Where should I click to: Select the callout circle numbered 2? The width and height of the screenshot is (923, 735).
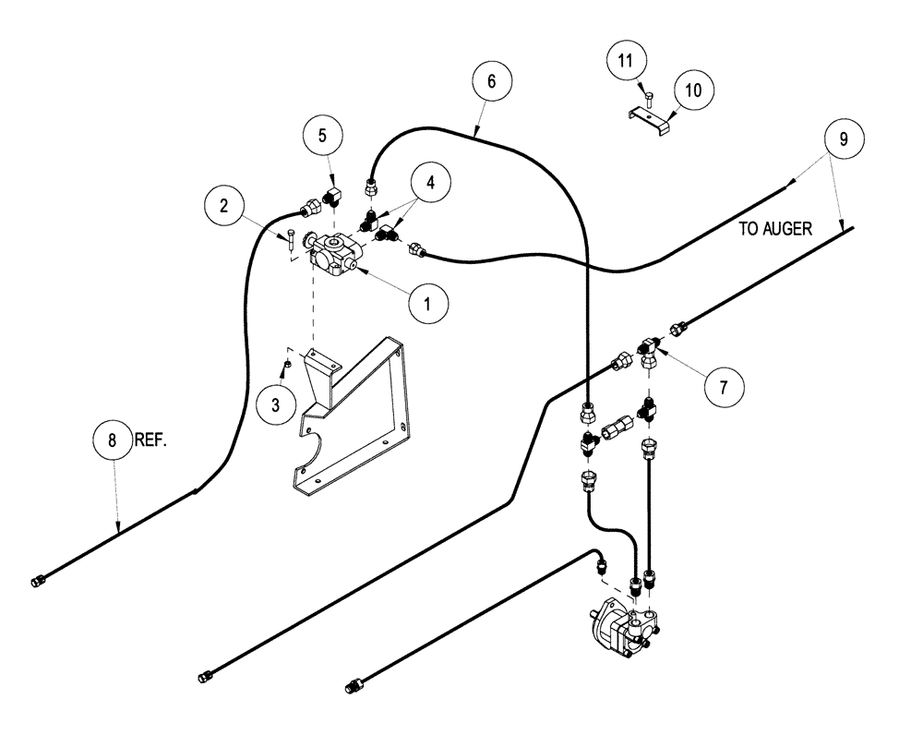coord(224,206)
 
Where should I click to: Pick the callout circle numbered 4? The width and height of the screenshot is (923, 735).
coord(431,182)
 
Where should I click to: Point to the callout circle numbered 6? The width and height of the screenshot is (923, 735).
coord(491,81)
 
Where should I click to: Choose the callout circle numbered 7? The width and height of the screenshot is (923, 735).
coord(723,387)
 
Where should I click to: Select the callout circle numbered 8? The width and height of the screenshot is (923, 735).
coord(114,441)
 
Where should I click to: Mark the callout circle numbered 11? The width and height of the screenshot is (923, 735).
coord(626,63)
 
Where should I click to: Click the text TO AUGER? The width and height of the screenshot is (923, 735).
coord(774,229)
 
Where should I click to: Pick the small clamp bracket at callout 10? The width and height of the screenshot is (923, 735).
coord(649,120)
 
